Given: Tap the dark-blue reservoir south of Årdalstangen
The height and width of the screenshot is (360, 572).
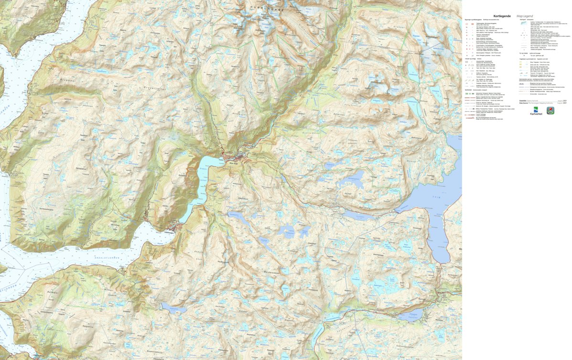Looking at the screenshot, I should (x=173, y=308).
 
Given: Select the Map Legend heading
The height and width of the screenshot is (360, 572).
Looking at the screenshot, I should (x=526, y=16).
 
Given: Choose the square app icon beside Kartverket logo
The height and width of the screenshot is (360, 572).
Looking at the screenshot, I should (x=550, y=110).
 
